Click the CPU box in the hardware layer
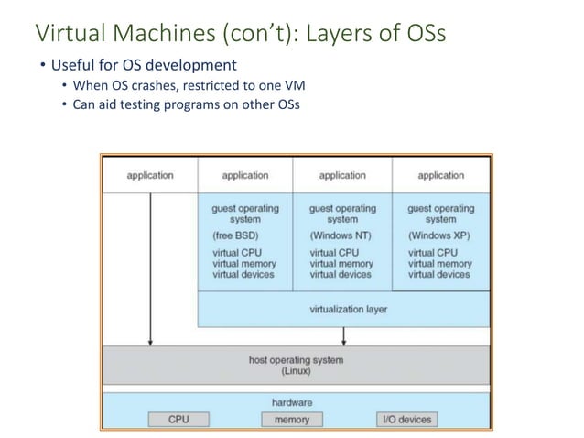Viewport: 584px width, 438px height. pos(178,419)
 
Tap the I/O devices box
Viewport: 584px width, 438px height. pos(406,419)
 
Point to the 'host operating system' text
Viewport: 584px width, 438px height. pos(296,360)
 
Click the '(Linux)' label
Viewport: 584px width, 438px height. pos(295,371)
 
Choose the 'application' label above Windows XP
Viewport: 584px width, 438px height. pos(440,174)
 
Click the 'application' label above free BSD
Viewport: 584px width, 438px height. pos(244,174)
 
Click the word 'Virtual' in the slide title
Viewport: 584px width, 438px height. pos(65,35)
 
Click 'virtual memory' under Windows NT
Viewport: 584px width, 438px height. pos(341,263)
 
